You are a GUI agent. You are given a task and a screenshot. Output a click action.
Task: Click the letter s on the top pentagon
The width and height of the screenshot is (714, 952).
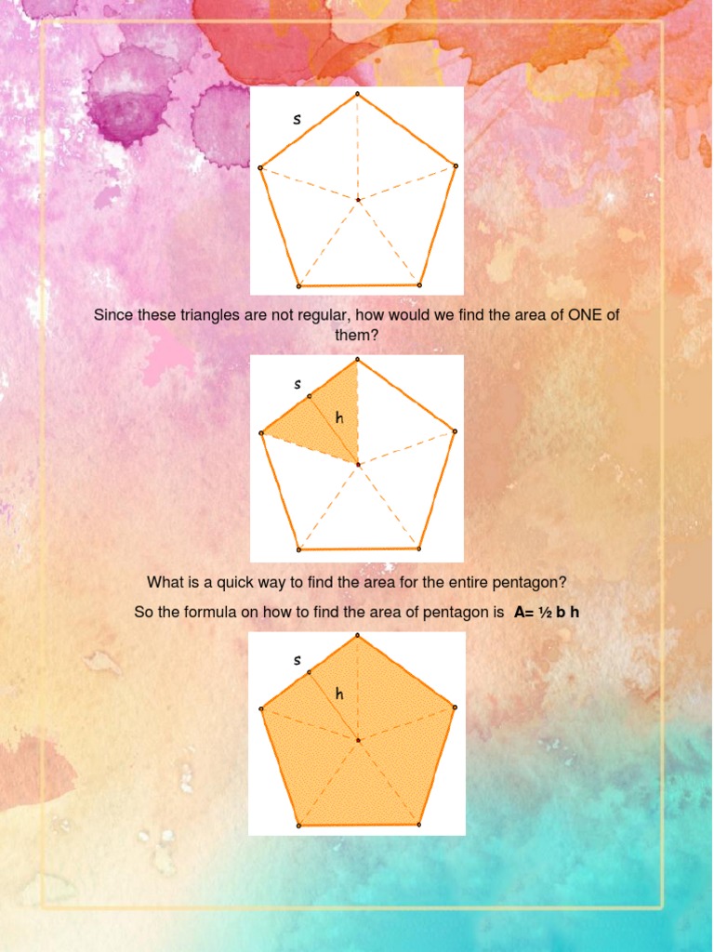tap(297, 119)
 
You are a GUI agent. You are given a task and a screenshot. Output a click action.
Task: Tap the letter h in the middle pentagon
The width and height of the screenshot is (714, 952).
tap(339, 418)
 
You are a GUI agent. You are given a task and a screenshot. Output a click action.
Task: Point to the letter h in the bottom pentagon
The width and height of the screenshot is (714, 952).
tap(339, 694)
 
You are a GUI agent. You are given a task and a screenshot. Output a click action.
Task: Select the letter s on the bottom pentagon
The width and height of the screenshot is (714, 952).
tap(297, 660)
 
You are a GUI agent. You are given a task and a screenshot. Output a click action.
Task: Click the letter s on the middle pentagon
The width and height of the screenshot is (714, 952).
tap(297, 384)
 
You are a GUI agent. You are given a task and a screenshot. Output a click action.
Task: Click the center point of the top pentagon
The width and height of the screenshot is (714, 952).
tap(358, 199)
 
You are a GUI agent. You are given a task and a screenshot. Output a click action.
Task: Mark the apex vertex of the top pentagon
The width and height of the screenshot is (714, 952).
tap(357, 94)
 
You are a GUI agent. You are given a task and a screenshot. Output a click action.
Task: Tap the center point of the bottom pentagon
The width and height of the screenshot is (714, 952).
tap(358, 740)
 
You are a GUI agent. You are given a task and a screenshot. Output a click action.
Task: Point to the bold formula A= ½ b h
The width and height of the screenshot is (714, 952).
tap(547, 613)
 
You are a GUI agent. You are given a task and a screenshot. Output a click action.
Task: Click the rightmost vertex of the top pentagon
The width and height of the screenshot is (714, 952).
tap(456, 165)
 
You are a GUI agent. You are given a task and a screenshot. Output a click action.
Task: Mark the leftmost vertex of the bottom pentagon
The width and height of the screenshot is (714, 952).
tap(261, 708)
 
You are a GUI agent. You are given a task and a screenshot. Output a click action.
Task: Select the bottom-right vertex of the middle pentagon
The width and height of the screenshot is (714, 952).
tap(419, 549)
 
